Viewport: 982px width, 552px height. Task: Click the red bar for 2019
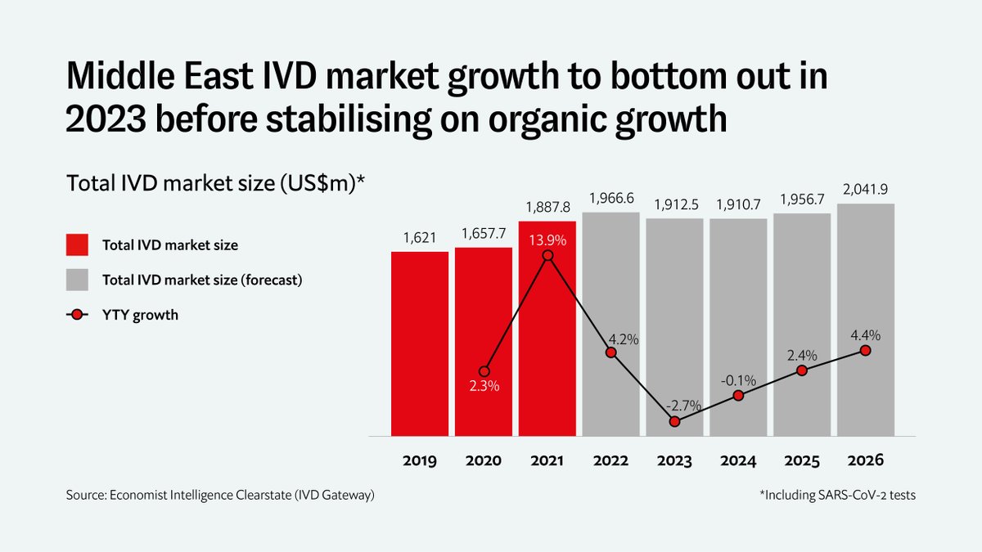pos(419,343)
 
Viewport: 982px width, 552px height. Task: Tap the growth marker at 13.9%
pos(547,256)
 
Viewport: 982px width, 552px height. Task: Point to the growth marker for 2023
pos(674,422)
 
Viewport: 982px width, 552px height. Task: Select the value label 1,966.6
pos(610,199)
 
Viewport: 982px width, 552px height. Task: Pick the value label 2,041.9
pos(866,190)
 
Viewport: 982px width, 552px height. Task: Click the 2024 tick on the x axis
pos(738,461)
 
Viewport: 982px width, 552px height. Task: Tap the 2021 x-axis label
pos(547,461)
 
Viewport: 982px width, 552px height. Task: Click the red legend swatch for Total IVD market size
pos(76,245)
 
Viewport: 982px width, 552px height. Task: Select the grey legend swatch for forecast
pos(76,280)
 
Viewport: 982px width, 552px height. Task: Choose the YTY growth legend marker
pos(76,315)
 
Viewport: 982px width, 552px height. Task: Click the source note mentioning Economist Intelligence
pos(220,496)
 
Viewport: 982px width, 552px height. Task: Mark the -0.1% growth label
pos(738,380)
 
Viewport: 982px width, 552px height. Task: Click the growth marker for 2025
pos(802,370)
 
